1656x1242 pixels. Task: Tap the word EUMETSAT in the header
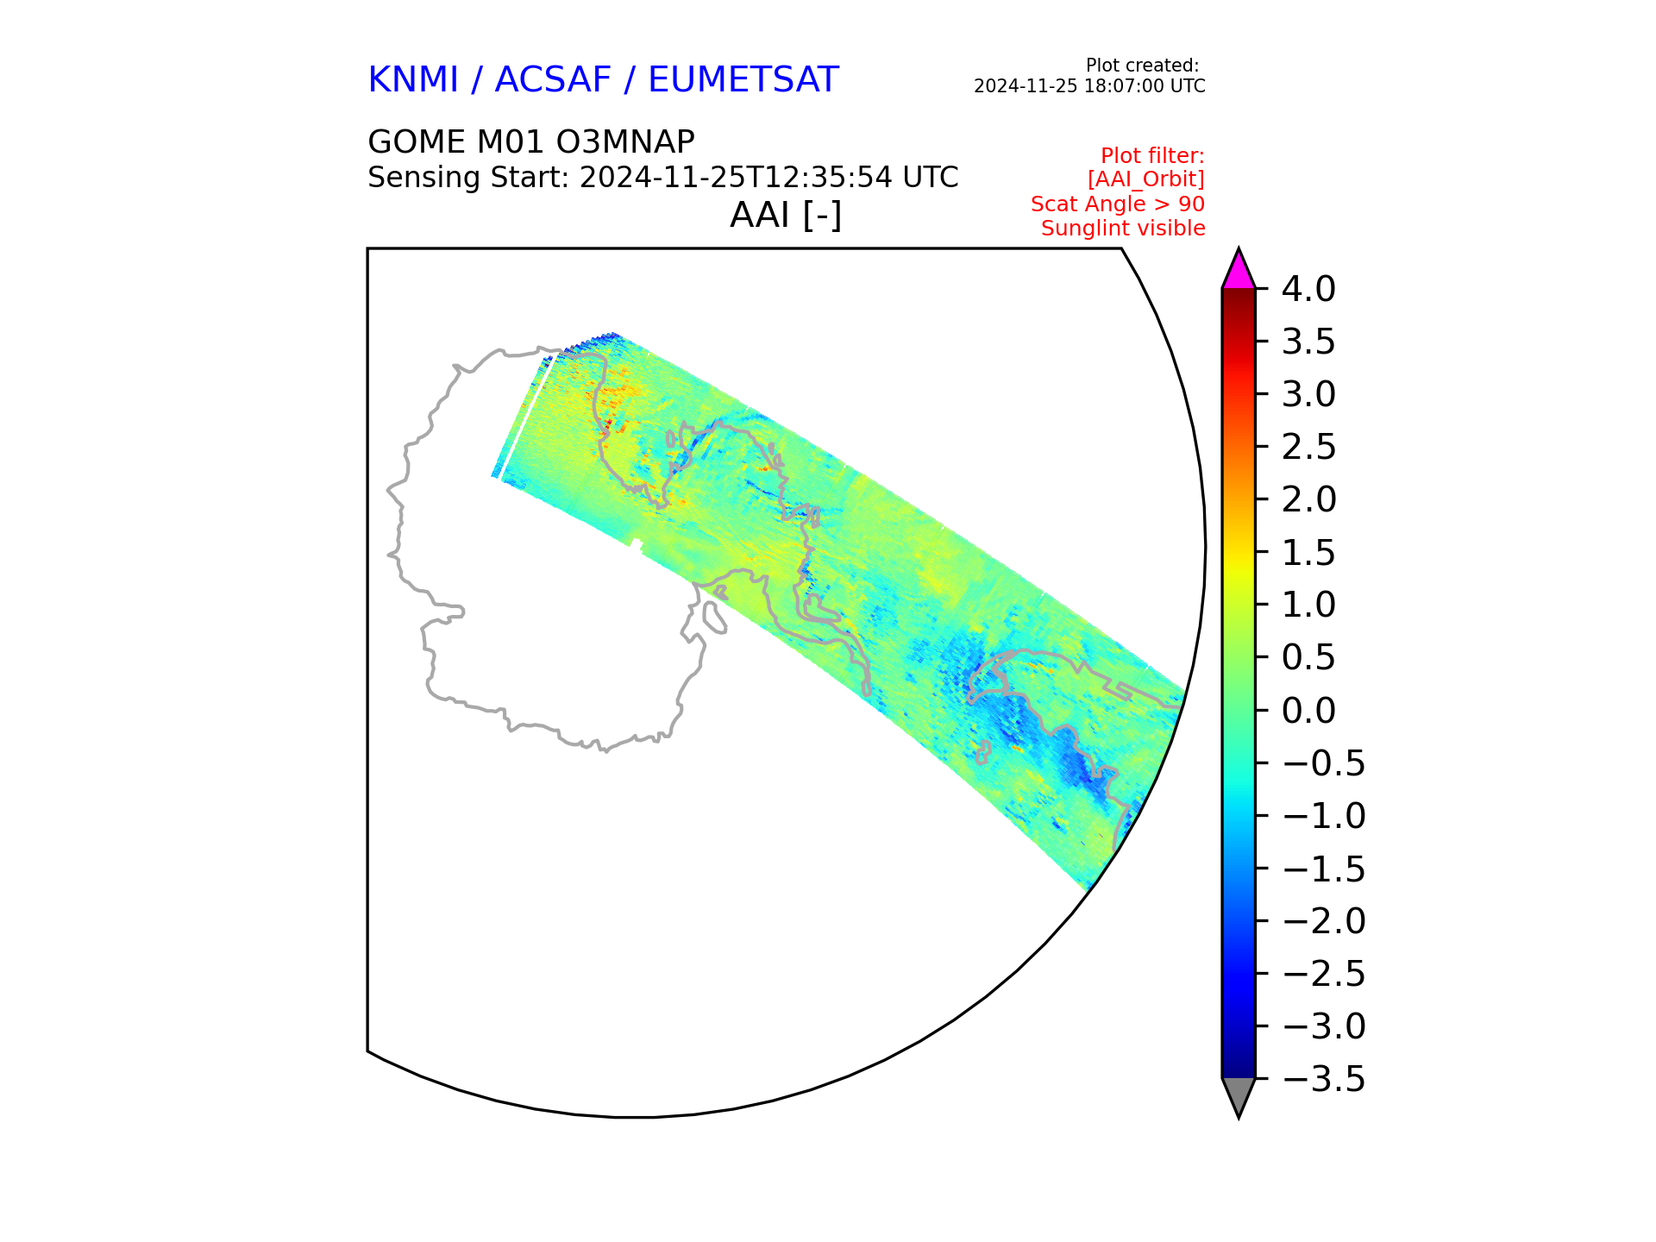click(743, 79)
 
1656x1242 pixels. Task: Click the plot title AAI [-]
click(786, 215)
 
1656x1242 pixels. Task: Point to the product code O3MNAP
click(627, 142)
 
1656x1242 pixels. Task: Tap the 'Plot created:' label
click(1142, 66)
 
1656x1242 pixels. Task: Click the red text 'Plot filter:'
click(1152, 156)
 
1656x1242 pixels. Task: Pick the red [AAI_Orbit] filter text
click(1146, 179)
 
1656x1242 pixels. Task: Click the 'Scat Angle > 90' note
click(1118, 204)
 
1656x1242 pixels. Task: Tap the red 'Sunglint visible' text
click(1123, 229)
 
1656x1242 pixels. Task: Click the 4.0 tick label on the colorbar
click(1308, 289)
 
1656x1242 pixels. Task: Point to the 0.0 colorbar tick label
click(1308, 711)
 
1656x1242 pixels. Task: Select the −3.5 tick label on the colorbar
click(1324, 1079)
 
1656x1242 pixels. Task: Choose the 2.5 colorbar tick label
click(1308, 448)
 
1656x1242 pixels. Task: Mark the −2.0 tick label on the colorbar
click(1324, 921)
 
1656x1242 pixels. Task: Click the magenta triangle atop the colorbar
click(1239, 273)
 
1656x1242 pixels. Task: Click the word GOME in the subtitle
click(416, 142)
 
